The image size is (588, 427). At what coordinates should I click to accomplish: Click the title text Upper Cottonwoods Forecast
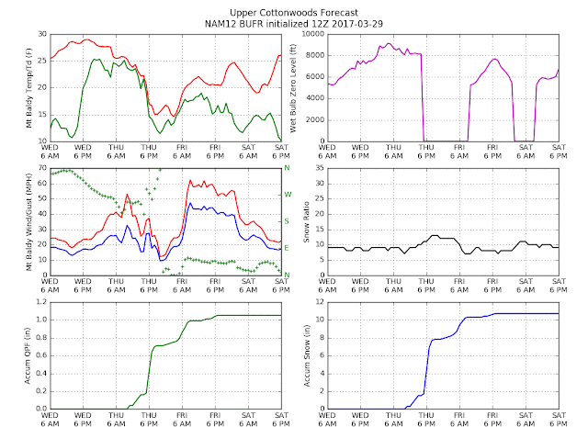294,13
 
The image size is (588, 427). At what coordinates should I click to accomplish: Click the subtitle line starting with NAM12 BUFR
294,24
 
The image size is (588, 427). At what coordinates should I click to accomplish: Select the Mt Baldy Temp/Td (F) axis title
28,88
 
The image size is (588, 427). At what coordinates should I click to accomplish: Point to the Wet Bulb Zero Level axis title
293,88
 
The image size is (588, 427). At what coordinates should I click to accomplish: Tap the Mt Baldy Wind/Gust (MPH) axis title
28,221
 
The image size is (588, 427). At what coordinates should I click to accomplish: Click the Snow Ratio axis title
306,221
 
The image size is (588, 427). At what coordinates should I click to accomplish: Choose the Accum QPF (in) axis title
28,355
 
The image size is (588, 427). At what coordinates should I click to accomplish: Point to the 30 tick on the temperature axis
42,34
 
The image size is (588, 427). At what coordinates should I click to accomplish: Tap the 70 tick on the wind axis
42,168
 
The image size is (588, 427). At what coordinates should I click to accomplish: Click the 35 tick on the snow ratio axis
320,168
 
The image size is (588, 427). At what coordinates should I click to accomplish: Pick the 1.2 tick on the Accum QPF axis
41,302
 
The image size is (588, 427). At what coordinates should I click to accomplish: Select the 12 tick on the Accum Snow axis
320,302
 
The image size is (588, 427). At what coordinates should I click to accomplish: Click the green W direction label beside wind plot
288,195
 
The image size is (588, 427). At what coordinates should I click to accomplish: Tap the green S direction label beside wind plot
287,221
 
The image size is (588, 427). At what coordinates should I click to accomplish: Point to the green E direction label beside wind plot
287,248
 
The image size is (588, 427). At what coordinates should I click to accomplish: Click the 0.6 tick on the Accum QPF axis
41,355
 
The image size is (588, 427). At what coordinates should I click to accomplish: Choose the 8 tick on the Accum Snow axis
322,337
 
